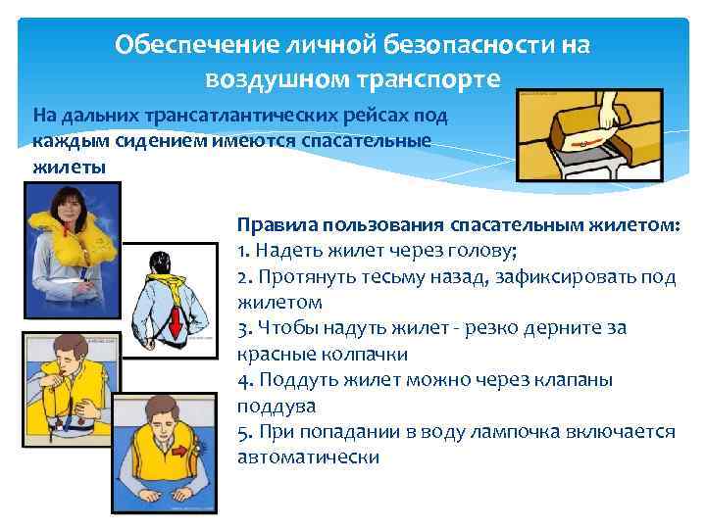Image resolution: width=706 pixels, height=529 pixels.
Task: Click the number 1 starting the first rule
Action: click(241, 249)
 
